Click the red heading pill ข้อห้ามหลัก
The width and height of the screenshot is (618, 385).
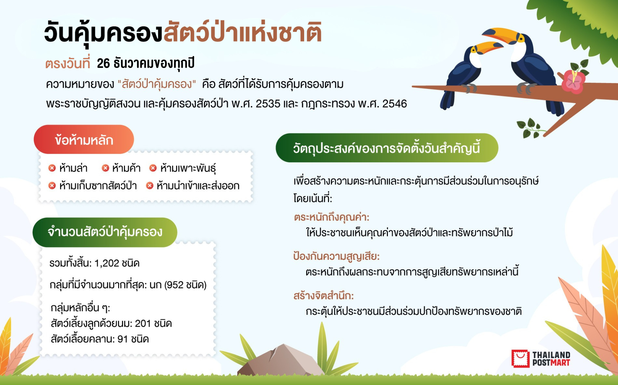click(x=84, y=139)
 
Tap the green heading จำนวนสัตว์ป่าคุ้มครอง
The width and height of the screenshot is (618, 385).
click(x=105, y=232)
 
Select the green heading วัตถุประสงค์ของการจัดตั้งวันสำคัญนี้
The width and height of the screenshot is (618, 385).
click(x=387, y=148)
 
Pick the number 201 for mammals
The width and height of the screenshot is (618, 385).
click(x=143, y=324)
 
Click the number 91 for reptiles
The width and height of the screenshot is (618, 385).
click(x=123, y=339)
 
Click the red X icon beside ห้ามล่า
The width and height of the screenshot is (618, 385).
click(x=52, y=168)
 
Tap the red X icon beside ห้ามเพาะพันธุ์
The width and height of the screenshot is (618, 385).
click(x=153, y=168)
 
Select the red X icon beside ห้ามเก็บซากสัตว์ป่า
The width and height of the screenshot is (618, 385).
click(x=52, y=186)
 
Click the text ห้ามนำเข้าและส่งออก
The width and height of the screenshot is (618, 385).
click(x=198, y=186)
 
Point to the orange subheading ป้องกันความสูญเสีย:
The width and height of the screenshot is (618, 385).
click(x=336, y=256)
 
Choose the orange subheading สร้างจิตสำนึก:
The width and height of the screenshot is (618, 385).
click(x=323, y=296)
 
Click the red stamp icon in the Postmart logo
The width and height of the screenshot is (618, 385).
click(x=520, y=359)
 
